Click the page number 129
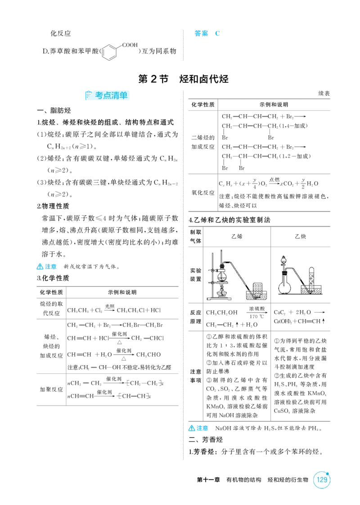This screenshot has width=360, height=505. tap(322, 479)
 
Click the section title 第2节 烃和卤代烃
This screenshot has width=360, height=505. tap(184, 79)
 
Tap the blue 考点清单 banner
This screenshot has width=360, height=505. tap(107, 95)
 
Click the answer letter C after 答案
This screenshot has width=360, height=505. tap(217, 33)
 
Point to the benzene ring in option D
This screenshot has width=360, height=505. tap(109, 52)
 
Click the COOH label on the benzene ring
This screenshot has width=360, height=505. tap(130, 45)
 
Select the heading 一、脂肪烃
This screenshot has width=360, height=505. tap(54, 111)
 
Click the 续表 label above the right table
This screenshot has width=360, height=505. tap(324, 94)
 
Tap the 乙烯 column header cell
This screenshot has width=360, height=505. tap(237, 237)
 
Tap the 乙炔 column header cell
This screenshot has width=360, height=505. tap(301, 237)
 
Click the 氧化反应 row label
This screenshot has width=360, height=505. tap(203, 192)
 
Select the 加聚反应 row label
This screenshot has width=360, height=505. tap(51, 389)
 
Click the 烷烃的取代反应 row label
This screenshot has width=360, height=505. tap(51, 308)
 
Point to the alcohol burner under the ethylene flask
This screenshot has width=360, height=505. tap(221, 291)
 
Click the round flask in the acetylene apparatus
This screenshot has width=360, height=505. tap(284, 286)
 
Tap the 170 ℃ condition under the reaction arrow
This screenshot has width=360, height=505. tap(256, 316)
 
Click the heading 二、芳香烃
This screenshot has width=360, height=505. tap(206, 440)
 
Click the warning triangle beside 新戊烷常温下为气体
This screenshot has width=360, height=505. tap(40, 267)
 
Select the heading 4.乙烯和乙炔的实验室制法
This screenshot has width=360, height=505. tap(229, 220)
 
